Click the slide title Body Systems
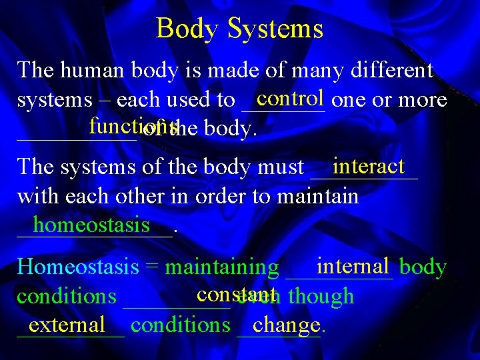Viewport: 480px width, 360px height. pos(239,29)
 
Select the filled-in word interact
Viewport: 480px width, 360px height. pos(369,165)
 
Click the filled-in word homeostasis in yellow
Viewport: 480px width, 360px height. pos(91,225)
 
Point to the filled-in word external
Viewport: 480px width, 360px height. pos(67,325)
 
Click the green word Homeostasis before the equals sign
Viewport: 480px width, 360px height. pos(78,267)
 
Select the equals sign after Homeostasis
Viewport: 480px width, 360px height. pos(152,268)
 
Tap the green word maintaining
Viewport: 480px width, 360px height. pos(221,268)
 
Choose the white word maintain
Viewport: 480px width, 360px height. pos(317,197)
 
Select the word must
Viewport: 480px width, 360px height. pos(281,167)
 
